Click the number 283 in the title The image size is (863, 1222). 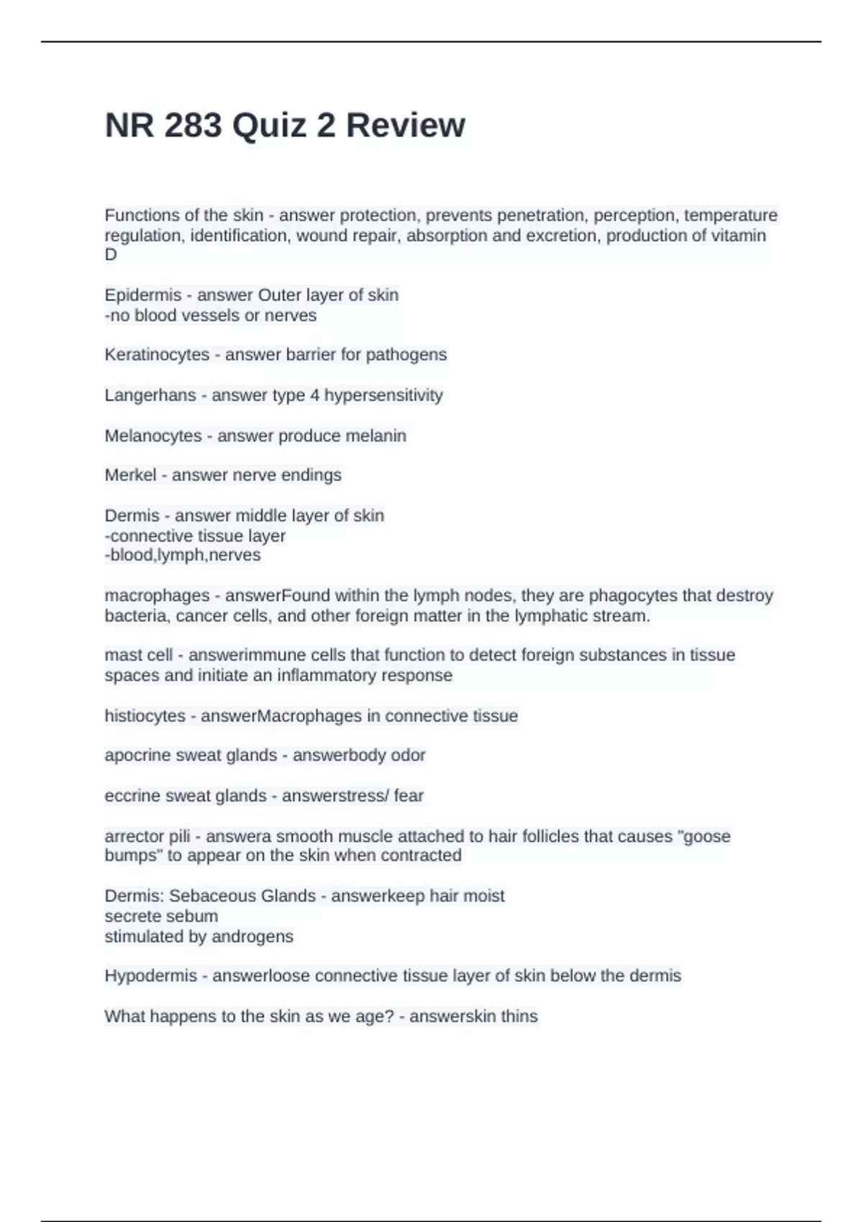[193, 125]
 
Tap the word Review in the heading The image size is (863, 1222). [406, 125]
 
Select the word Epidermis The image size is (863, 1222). [143, 295]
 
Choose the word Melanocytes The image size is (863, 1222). [153, 436]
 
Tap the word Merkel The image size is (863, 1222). [130, 475]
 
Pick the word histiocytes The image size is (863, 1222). [145, 716]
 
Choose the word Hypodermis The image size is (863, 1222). [150, 976]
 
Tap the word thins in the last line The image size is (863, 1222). [519, 1016]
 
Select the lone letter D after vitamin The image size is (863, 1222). [111, 254]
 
